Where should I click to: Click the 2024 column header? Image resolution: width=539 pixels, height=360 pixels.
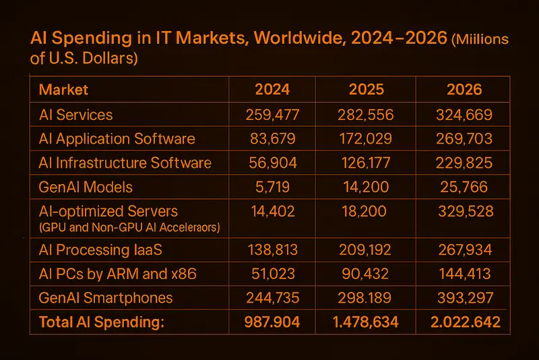tap(273, 90)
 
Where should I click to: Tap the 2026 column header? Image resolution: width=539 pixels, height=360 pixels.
tap(464, 90)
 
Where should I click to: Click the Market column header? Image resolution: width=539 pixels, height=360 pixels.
tap(64, 90)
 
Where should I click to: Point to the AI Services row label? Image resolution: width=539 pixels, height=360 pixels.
tap(76, 115)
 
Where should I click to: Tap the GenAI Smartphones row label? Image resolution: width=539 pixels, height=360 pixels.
tap(106, 298)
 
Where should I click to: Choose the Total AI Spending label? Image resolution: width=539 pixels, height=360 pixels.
tap(102, 322)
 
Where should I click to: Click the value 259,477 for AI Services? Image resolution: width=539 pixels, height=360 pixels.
tap(273, 115)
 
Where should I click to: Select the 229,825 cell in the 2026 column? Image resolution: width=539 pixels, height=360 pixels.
tap(464, 163)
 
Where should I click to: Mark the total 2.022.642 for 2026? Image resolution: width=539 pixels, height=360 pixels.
tap(466, 322)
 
